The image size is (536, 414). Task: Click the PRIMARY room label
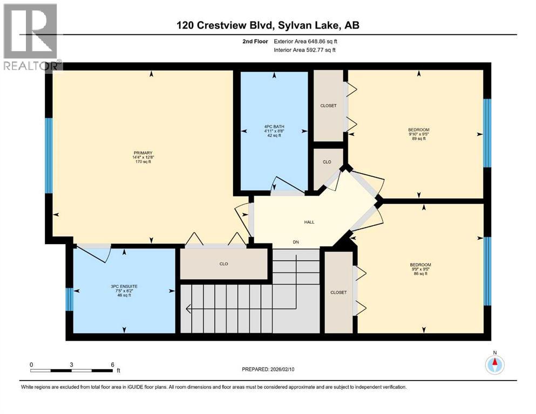[x=143, y=153]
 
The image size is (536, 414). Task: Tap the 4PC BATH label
[x=274, y=127]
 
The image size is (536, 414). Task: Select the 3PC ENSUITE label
[x=124, y=287]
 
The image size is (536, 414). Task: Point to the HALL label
[x=309, y=222]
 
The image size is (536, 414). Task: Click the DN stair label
[x=296, y=242]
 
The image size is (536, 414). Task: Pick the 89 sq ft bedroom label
[x=419, y=134]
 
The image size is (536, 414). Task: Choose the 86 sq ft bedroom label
[x=420, y=269]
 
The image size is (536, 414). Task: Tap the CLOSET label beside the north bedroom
[x=329, y=106]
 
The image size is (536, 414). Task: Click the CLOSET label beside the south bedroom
[x=338, y=293]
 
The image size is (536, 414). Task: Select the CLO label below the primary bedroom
[x=224, y=264]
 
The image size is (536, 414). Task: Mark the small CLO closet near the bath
[x=327, y=162]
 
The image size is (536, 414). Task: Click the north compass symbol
[x=494, y=364]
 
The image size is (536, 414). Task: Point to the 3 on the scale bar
[x=71, y=364]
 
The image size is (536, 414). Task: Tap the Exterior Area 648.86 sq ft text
[x=306, y=42]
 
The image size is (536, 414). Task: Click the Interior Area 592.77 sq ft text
[x=304, y=50]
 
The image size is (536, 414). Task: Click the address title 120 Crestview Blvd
[x=225, y=25]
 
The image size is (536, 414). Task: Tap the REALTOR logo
[x=31, y=37]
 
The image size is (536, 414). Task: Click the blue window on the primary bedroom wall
[x=49, y=156]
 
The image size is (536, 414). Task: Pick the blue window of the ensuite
[x=70, y=299]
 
